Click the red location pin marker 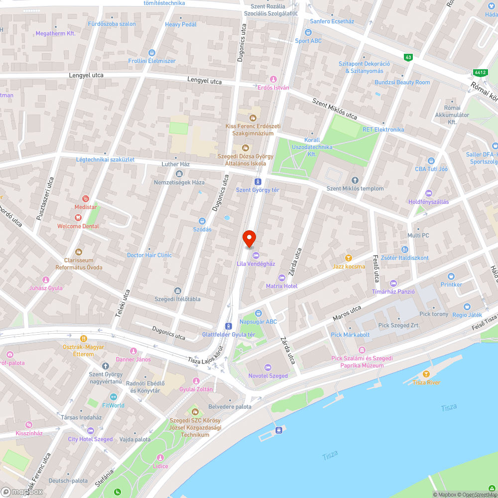[249, 238]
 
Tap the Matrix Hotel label [281, 286]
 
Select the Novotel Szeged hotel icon [268, 367]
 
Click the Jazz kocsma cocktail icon [349, 258]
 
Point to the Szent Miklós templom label [355, 188]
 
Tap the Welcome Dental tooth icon [78, 217]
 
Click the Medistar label [85, 207]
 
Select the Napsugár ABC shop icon [258, 313]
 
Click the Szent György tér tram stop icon [257, 182]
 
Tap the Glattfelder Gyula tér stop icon [228, 326]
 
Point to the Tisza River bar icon [426, 374]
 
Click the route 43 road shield [409, 58]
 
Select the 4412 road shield [480, 73]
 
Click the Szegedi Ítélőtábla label [177, 299]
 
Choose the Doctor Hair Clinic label [149, 255]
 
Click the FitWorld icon [113, 397]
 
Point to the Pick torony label [434, 314]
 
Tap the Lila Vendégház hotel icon [256, 255]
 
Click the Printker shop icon [451, 276]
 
